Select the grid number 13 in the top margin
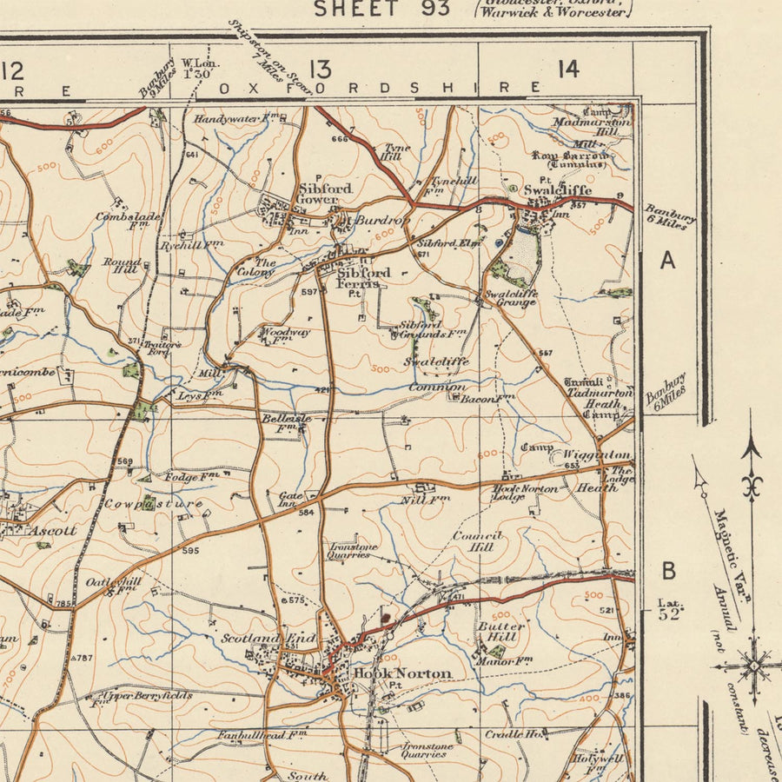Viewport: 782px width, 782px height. [319, 70]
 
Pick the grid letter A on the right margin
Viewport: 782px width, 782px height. [667, 260]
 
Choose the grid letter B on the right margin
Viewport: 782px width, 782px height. [668, 571]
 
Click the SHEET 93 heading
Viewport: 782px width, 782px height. [381, 9]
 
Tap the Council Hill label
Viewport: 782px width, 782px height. [477, 541]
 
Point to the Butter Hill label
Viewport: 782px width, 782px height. [501, 631]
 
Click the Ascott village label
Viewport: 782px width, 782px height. [51, 530]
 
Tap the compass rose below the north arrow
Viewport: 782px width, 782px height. [752, 666]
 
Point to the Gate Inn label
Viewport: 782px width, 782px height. [287, 500]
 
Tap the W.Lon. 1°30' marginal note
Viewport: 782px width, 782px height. [200, 69]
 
